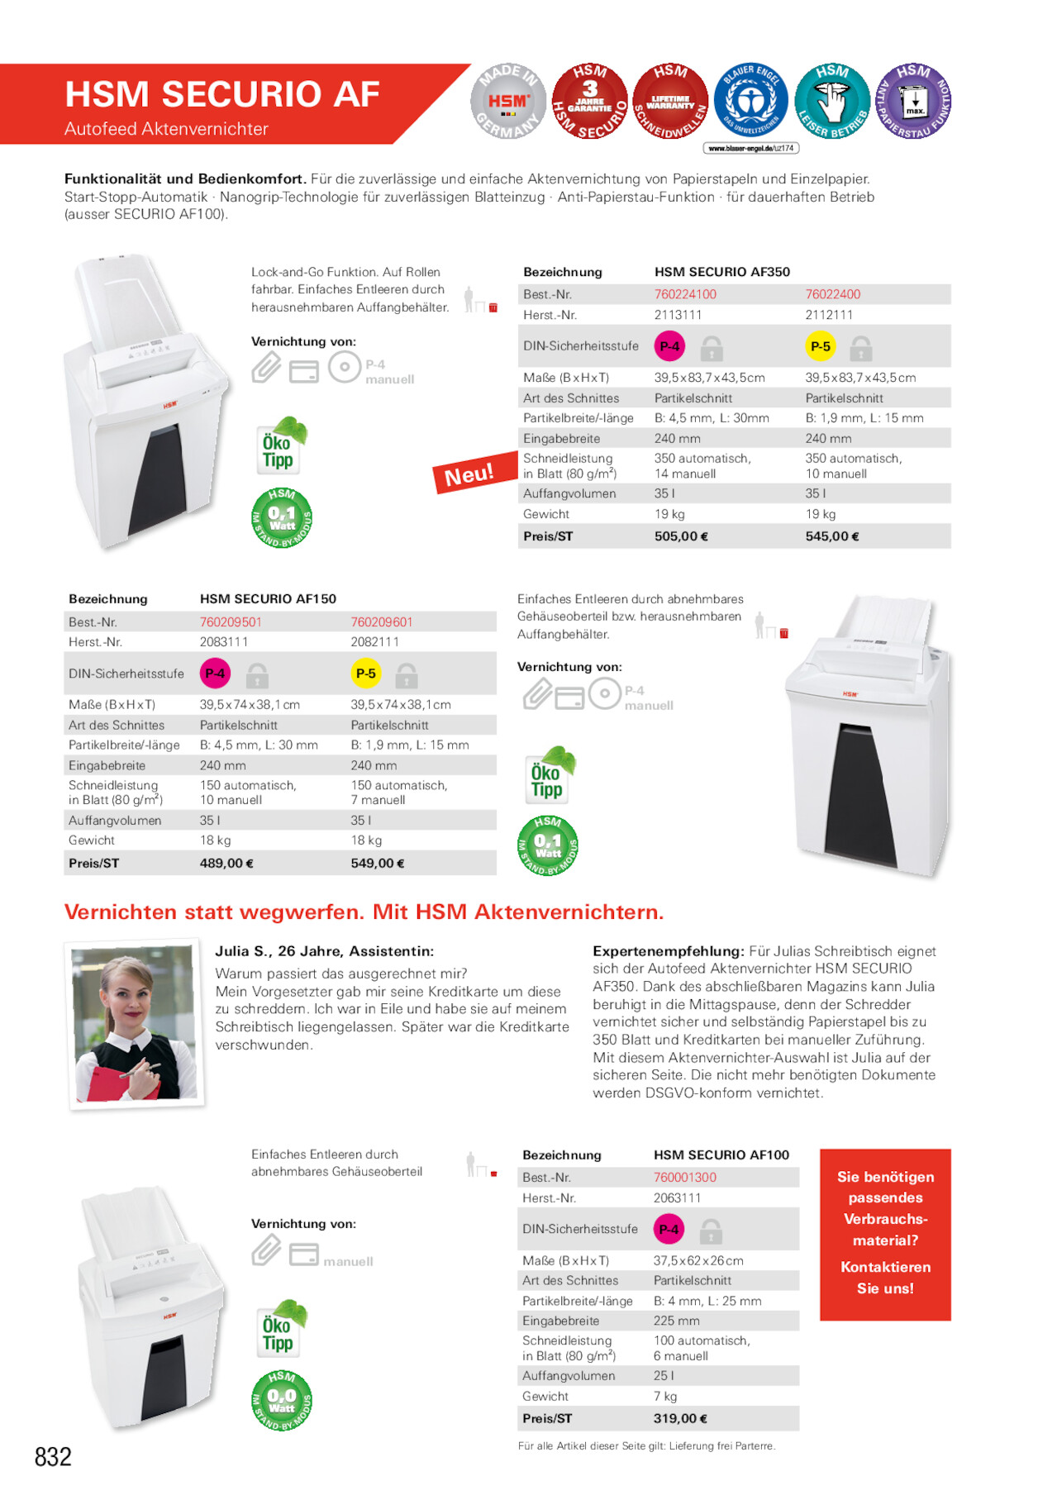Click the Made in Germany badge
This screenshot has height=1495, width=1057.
click(x=508, y=102)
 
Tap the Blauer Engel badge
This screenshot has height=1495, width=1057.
click(x=750, y=102)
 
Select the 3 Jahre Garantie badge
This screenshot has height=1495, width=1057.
click(x=589, y=102)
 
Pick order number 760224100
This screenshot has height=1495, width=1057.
click(x=685, y=294)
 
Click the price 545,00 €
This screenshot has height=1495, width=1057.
click(x=832, y=536)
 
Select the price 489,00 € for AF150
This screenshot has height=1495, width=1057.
click(x=226, y=863)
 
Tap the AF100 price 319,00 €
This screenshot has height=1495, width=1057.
click(x=680, y=1418)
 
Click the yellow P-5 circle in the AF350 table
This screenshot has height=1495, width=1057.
click(x=820, y=346)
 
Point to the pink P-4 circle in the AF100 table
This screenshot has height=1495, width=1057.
click(x=669, y=1229)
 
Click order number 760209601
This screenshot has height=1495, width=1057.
click(x=381, y=621)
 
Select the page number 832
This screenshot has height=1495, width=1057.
click(x=53, y=1456)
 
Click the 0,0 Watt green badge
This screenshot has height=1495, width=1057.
click(x=282, y=1399)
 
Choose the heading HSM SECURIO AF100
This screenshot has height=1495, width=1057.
click(x=721, y=1155)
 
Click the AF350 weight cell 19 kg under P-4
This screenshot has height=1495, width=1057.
click(x=669, y=514)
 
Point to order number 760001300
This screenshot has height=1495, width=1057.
click(x=684, y=1177)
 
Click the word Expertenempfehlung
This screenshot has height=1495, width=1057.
click(x=668, y=951)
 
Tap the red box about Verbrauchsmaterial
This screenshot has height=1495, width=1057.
click(x=885, y=1233)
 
